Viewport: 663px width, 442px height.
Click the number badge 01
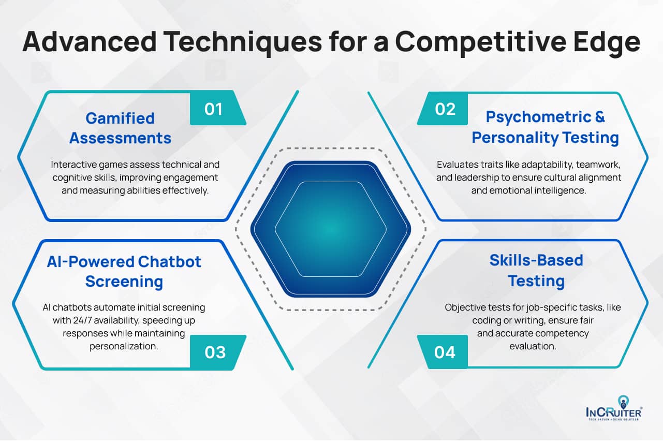tap(217, 108)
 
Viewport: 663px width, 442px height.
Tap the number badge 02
tap(443, 109)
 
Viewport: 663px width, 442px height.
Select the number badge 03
tap(217, 352)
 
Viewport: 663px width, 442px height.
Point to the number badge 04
tap(443, 352)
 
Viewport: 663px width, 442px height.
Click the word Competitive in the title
tap(481, 42)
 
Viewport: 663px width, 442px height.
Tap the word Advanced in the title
tap(90, 41)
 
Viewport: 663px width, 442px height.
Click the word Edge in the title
tap(607, 42)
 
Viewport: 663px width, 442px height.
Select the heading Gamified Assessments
tap(120, 128)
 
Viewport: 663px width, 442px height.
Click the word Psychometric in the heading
tap(538, 117)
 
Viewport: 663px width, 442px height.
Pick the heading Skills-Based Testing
tap(536, 271)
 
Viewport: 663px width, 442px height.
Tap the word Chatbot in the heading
tap(170, 262)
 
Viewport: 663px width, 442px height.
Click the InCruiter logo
tap(613, 408)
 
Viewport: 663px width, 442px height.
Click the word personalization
tap(124, 346)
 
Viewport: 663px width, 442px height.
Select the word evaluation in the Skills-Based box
tap(533, 346)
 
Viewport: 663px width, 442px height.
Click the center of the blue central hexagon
tap(331, 229)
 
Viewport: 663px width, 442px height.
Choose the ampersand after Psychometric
tap(600, 116)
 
